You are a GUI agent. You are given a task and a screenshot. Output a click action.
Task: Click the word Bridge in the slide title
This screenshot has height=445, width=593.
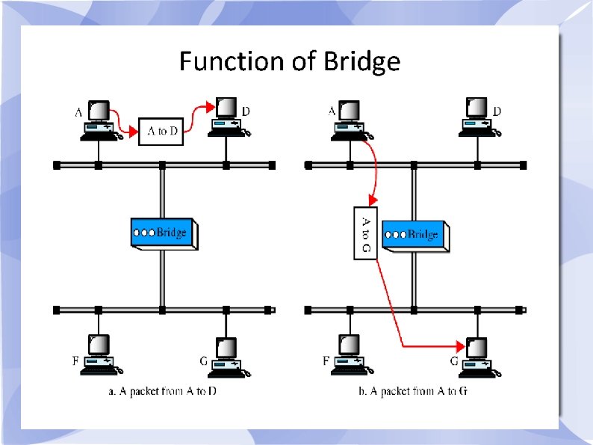[362, 61]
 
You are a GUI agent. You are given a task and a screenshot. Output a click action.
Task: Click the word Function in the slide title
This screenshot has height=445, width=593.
[231, 61]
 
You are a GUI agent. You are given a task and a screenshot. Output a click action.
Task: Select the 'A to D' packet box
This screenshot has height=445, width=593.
[161, 131]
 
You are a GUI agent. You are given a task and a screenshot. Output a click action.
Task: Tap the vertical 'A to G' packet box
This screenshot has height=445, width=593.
[365, 233]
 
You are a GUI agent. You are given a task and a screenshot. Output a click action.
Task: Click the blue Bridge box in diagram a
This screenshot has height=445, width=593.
[164, 233]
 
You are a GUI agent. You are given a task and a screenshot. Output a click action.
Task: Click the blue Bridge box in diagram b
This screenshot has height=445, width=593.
[416, 236]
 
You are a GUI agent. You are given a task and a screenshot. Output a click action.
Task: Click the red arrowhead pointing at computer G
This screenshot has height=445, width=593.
[461, 346]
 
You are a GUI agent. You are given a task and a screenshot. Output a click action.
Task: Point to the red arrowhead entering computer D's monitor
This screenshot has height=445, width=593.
[211, 107]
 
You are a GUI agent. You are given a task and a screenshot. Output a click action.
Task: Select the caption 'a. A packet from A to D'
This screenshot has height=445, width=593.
[162, 391]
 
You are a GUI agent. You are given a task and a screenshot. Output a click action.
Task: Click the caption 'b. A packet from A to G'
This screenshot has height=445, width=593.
[413, 391]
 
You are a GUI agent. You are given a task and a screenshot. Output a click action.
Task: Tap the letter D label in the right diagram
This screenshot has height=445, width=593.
[497, 111]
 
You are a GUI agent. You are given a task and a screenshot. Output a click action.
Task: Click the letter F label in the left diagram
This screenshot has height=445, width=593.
[75, 360]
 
